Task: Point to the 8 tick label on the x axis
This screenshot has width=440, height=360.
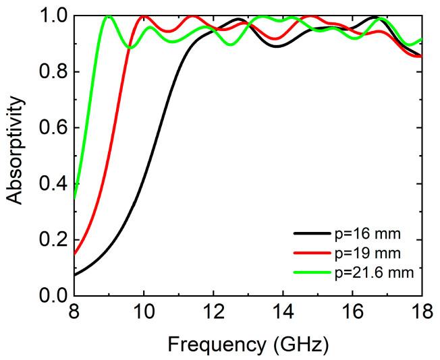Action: (x=74, y=312)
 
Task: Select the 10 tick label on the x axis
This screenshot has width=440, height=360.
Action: (x=143, y=312)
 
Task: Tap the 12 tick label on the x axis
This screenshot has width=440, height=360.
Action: (x=213, y=312)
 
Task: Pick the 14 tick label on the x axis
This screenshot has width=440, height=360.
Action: (x=282, y=312)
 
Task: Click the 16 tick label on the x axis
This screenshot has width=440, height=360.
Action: (x=352, y=312)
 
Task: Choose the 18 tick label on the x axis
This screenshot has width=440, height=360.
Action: (x=421, y=312)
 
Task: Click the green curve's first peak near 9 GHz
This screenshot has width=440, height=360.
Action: (x=108, y=16)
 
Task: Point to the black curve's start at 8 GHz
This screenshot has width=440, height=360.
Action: (x=74, y=275)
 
